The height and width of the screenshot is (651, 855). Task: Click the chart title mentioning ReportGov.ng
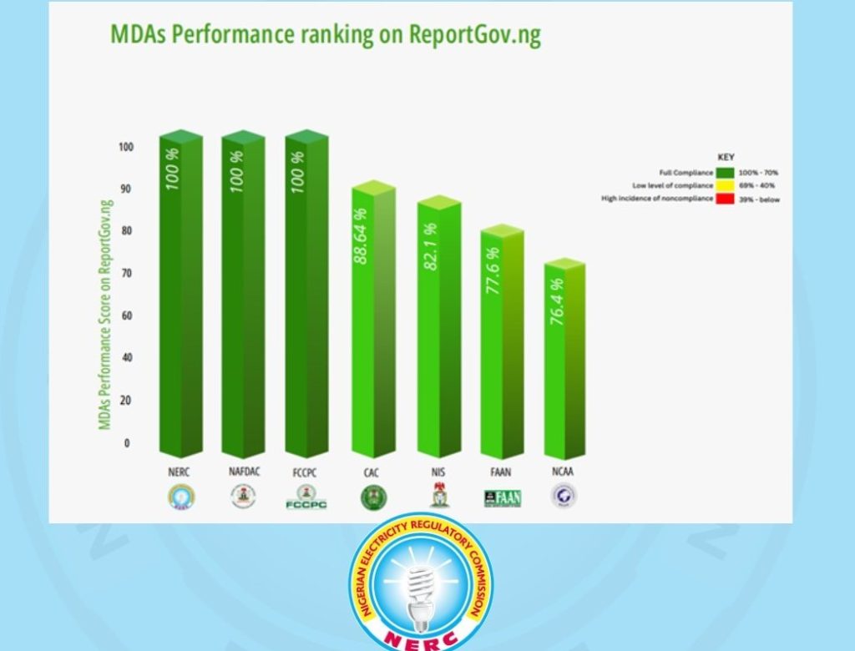coord(326,34)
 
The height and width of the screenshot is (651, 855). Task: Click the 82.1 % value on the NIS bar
coord(431,246)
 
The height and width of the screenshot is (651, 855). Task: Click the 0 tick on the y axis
coord(127,443)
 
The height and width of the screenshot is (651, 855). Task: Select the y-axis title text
coord(105,314)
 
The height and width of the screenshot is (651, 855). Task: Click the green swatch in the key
coord(724,173)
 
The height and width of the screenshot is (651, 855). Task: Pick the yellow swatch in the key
coord(724,185)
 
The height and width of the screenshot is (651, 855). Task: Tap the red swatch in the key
coord(724,199)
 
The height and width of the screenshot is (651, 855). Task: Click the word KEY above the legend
coord(726,157)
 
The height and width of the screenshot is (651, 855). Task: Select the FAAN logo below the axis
coord(502,498)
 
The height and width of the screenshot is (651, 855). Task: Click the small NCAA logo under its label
coord(564,497)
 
